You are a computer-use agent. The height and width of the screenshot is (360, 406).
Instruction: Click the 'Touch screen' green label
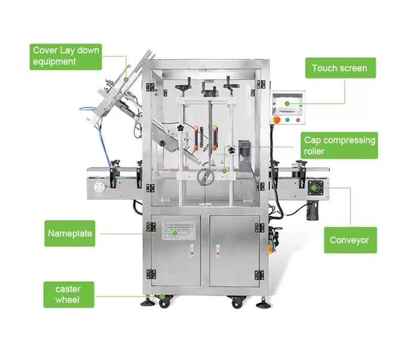[x=340, y=68]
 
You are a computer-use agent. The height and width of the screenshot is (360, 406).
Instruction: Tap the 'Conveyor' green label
[x=350, y=240]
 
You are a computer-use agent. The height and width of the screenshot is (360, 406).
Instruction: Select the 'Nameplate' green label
[x=70, y=234]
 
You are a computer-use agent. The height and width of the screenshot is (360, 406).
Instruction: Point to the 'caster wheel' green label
[x=68, y=294]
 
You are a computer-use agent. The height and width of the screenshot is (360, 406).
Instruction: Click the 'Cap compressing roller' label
[x=340, y=146]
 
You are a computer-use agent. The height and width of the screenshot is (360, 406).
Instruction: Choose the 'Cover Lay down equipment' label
[x=66, y=56]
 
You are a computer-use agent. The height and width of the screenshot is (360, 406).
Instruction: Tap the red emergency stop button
[x=277, y=120]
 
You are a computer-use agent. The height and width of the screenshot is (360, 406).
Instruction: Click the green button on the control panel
[x=287, y=120]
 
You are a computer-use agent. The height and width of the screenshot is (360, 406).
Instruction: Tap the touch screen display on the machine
[x=288, y=104]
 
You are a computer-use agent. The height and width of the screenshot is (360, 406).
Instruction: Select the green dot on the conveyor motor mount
[x=316, y=188]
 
